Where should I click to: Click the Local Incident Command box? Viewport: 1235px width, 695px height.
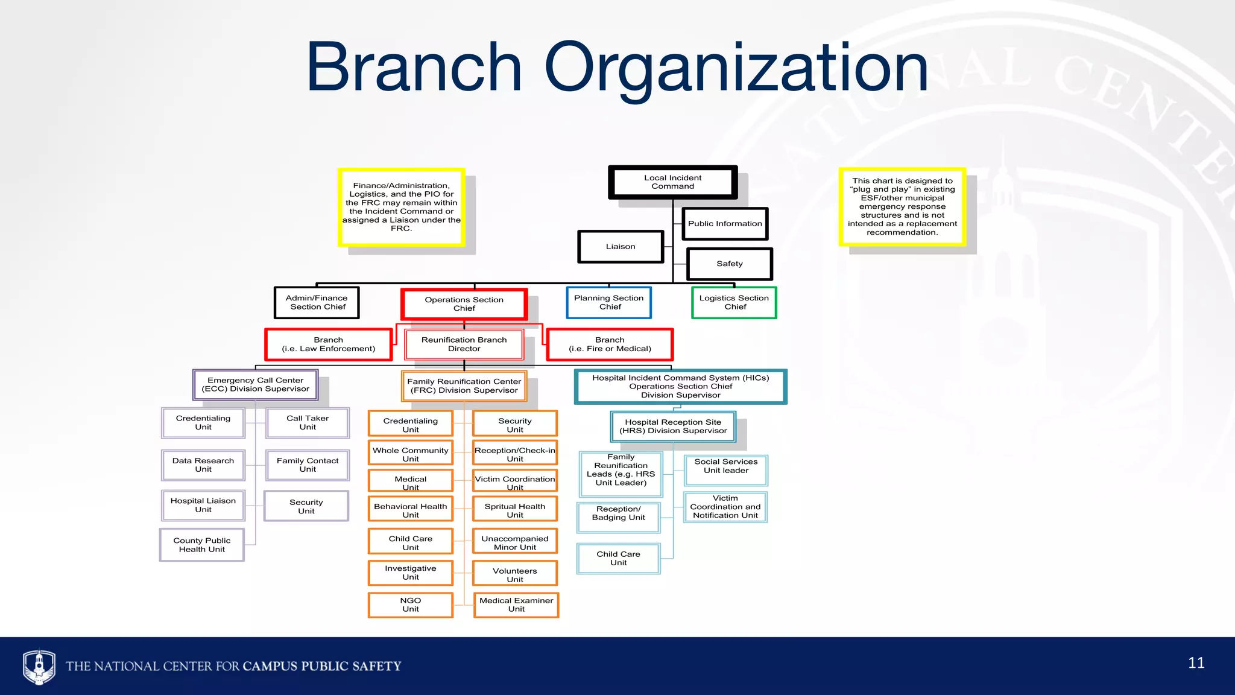(672, 182)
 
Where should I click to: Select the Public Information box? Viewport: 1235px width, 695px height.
(725, 224)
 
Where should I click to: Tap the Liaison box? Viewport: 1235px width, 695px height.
(621, 247)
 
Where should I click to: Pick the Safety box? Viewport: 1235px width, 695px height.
(729, 264)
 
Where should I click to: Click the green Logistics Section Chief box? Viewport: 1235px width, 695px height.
(734, 302)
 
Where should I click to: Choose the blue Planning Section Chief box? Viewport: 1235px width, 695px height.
(609, 302)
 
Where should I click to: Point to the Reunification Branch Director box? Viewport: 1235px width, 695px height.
(464, 344)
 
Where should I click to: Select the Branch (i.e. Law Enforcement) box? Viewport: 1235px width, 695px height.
(329, 344)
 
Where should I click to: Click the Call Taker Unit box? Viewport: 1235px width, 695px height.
(308, 423)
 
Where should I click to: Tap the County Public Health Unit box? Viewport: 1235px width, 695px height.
(202, 545)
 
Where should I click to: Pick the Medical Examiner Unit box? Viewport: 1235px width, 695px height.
(516, 605)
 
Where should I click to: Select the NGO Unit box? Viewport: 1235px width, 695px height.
(410, 605)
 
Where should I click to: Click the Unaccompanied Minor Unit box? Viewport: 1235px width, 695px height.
(515, 543)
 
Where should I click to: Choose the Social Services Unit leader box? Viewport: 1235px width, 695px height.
(726, 470)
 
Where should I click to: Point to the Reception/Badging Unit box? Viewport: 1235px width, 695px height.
(619, 517)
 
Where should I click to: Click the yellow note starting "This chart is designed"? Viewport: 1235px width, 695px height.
(902, 207)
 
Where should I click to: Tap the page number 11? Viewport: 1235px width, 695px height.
(1196, 663)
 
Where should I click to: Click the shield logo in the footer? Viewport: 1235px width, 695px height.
(39, 666)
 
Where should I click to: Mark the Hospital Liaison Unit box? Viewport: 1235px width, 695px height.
(203, 506)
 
